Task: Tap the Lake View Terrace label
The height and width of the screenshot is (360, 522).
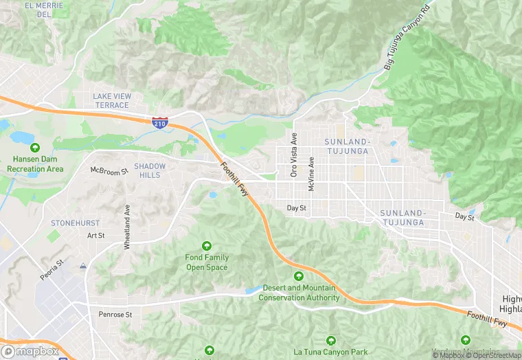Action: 111,100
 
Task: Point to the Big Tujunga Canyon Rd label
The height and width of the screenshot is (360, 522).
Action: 406,38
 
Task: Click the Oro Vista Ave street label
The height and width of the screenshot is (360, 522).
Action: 294,154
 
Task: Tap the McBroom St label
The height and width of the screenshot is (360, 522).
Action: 109,170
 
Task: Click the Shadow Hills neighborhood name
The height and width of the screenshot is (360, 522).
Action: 149,170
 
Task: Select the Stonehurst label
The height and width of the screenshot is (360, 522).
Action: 75,223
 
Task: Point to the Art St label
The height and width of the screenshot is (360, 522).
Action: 95,236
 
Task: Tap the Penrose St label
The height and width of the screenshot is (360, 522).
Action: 115,314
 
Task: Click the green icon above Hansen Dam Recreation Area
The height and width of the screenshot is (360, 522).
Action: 35,148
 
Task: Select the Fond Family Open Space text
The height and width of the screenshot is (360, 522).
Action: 207,262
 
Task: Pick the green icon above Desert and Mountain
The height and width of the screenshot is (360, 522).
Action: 298,276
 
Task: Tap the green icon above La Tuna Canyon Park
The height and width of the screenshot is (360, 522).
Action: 331,340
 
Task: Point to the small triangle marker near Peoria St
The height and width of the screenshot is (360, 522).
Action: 83,265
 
